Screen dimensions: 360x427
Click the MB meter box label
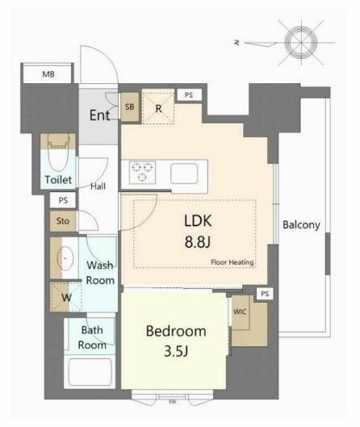click(48, 74)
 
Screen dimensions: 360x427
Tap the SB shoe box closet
click(130, 107)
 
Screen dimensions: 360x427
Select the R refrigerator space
click(158, 108)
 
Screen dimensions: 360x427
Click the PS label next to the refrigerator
click(189, 94)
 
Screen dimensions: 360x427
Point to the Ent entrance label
click(100, 115)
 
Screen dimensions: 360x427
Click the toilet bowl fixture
click(58, 153)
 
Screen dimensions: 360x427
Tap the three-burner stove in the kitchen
click(142, 173)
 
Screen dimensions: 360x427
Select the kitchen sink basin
click(184, 174)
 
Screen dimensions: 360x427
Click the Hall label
click(98, 186)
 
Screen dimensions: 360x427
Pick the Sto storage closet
click(63, 221)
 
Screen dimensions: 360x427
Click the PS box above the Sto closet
click(63, 200)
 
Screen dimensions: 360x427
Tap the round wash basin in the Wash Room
click(65, 257)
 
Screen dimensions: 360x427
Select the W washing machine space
click(66, 297)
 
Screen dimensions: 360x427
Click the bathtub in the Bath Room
click(90, 372)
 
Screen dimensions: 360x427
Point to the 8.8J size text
click(198, 241)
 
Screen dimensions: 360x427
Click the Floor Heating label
click(232, 262)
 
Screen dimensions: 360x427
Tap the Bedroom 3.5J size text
click(176, 352)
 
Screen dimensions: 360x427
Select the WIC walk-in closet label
click(240, 312)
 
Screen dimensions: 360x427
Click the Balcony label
click(301, 225)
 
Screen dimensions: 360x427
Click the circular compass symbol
click(301, 43)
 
